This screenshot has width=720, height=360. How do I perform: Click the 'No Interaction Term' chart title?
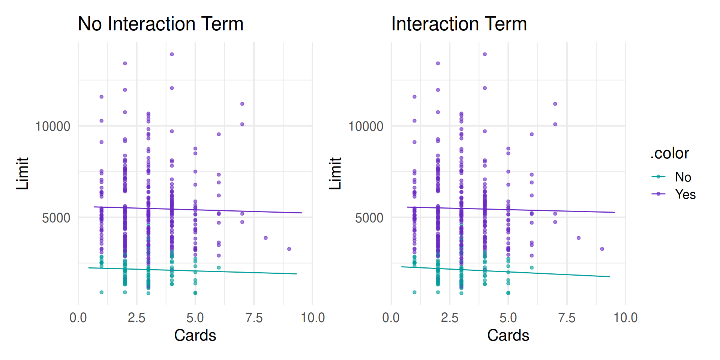(x=160, y=24)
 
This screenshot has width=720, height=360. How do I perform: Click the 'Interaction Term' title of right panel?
(x=459, y=24)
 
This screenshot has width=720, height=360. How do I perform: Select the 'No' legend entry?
(x=682, y=177)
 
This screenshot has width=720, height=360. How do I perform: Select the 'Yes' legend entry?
(x=685, y=194)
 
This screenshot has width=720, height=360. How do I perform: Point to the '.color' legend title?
(x=670, y=153)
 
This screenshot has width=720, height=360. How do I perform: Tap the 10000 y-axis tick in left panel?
(x=52, y=126)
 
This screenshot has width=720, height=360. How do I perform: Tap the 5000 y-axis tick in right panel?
(x=369, y=218)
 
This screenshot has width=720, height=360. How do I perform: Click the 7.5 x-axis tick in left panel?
(x=254, y=318)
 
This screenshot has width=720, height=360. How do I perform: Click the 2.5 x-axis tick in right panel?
(x=450, y=318)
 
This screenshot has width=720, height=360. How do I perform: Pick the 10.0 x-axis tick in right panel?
(x=625, y=318)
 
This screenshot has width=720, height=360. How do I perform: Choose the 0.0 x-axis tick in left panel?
(x=78, y=318)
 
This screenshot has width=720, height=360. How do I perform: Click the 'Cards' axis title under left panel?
(x=195, y=335)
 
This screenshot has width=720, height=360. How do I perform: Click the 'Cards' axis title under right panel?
(x=508, y=335)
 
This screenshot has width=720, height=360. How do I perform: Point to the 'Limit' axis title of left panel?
(x=22, y=173)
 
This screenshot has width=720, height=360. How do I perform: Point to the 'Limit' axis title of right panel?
(x=335, y=173)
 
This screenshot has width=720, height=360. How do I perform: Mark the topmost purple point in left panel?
(x=172, y=54)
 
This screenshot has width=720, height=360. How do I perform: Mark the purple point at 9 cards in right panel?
(x=602, y=249)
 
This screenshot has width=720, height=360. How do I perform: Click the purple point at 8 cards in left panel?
(x=265, y=238)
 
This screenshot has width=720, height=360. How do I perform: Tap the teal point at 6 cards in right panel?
(x=532, y=268)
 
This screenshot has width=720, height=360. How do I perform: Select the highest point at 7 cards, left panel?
(x=242, y=104)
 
